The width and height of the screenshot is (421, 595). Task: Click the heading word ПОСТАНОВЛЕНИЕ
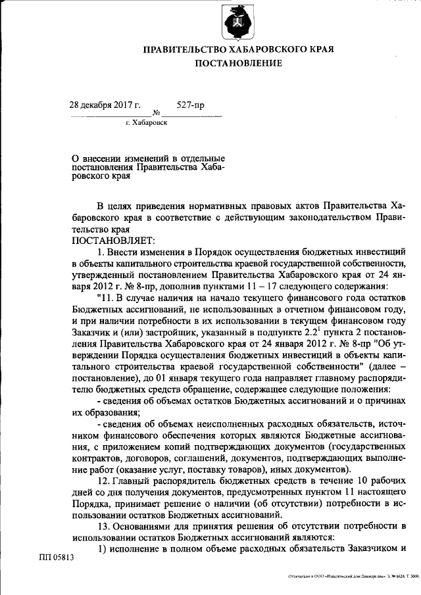point(239,63)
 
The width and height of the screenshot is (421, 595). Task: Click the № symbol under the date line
point(157,113)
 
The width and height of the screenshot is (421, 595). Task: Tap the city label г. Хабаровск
point(146,123)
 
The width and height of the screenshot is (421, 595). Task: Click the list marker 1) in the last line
point(102,549)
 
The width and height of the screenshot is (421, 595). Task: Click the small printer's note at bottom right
point(345,577)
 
